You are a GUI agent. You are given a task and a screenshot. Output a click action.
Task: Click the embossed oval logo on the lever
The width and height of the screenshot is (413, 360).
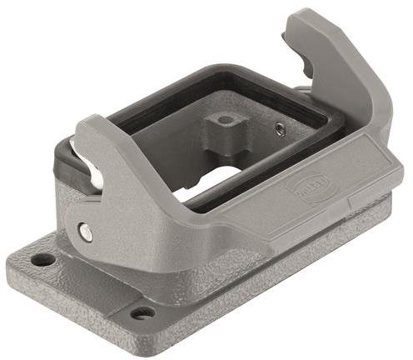[306, 188]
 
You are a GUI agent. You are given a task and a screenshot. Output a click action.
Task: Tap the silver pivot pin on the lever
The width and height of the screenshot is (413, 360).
[85, 232]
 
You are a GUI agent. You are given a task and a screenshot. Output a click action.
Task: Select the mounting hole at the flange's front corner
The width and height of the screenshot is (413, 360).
[143, 313]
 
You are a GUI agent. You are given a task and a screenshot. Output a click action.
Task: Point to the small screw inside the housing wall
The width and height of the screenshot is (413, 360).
[280, 129]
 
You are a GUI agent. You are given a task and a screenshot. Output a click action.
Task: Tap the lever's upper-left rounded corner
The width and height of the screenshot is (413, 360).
[83, 125]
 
